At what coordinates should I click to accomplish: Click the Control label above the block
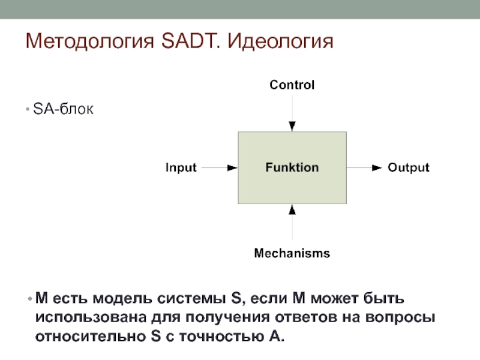[292, 85]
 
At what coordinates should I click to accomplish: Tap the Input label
[181, 168]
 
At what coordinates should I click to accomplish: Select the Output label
[408, 168]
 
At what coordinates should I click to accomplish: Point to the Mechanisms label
[292, 253]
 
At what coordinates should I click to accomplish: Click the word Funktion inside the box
[292, 168]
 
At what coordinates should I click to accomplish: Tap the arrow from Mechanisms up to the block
[292, 225]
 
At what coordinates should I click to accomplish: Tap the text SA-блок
[64, 110]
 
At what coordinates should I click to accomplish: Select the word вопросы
[401, 317]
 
